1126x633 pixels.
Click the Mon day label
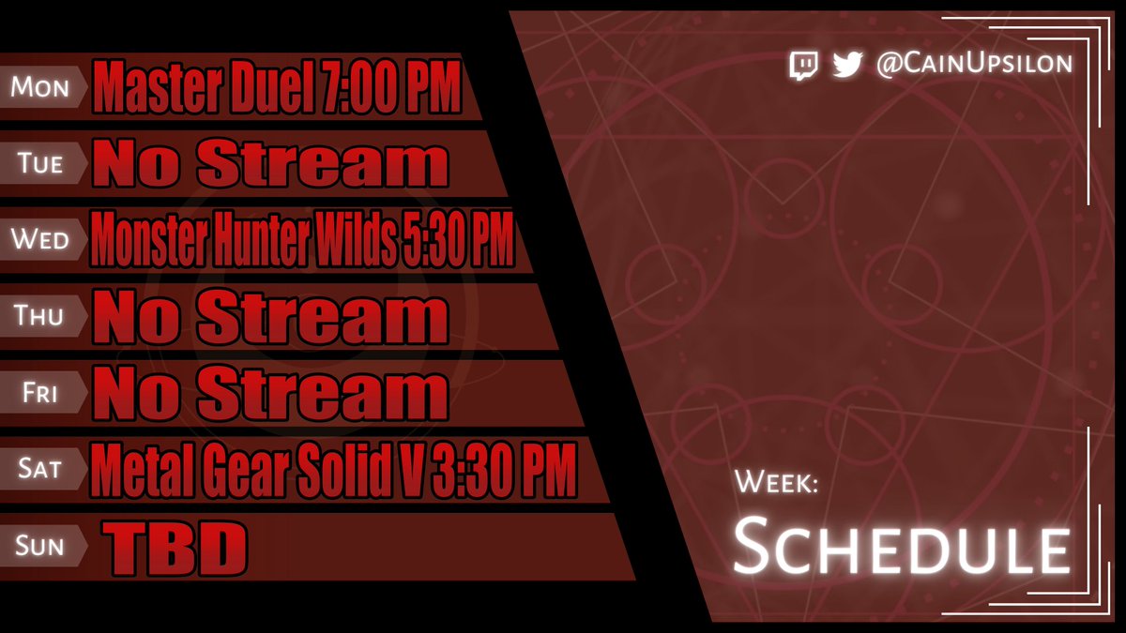click(40, 87)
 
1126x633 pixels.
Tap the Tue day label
click(40, 163)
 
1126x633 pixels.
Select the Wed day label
click(40, 239)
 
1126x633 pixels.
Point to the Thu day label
click(40, 316)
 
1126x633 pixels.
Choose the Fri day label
click(40, 392)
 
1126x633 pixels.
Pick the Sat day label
click(40, 467)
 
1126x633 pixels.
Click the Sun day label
click(40, 544)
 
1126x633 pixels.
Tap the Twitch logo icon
click(803, 65)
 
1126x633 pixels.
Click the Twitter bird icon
click(847, 65)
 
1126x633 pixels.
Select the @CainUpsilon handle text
click(973, 65)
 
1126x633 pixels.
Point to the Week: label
click(778, 483)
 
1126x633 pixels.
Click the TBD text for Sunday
click(175, 546)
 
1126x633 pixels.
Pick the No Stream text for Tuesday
click(269, 164)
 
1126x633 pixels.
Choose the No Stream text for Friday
click(269, 393)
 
